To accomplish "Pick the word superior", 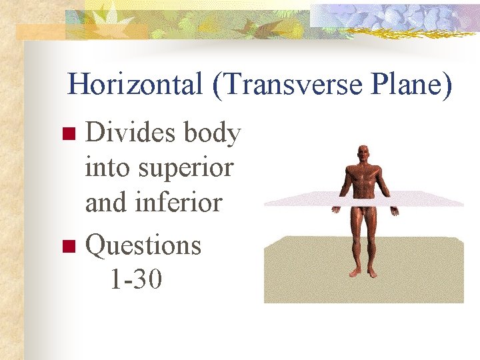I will point(187,167).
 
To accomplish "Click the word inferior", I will point(179,201).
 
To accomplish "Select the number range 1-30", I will point(135,279).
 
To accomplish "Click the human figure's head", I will point(363,154).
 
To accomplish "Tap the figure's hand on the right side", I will point(395,211).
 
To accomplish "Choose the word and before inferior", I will point(106,201).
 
